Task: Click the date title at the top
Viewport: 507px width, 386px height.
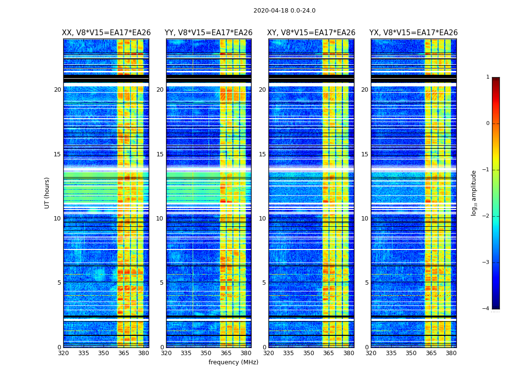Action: (x=284, y=11)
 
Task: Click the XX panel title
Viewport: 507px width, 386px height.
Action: (x=106, y=33)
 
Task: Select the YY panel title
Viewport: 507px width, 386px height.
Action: (x=209, y=33)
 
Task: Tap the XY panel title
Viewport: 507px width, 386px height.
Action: (x=311, y=33)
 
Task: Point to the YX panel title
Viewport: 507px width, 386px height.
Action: (x=413, y=33)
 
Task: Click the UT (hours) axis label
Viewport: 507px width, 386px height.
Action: (x=47, y=193)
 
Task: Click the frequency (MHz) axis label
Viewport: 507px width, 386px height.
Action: (x=233, y=362)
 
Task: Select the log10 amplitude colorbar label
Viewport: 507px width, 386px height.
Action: (x=474, y=193)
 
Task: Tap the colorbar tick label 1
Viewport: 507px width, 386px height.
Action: (x=488, y=77)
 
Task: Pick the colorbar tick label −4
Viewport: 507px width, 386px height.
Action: (x=486, y=309)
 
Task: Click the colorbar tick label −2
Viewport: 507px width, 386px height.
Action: (x=486, y=216)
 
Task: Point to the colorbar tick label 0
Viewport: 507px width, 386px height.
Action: (x=488, y=124)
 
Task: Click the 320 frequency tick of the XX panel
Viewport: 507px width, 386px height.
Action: (x=63, y=353)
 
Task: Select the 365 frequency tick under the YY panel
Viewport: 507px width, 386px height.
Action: (x=226, y=353)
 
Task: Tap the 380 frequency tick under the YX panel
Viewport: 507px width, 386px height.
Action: (x=451, y=353)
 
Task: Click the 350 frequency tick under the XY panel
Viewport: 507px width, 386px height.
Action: (x=309, y=353)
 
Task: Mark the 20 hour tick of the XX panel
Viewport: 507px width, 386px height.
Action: (x=57, y=90)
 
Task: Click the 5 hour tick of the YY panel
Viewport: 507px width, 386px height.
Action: (x=162, y=283)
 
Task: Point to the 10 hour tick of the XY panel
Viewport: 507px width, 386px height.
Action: (x=262, y=219)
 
